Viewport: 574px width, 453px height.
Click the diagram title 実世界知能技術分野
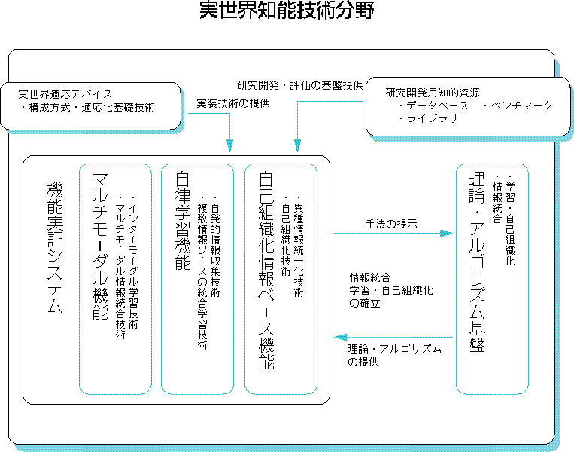pos(287,10)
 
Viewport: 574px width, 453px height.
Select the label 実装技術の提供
pos(233,104)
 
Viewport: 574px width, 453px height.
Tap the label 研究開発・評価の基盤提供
pos(300,85)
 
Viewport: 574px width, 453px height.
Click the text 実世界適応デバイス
pos(65,94)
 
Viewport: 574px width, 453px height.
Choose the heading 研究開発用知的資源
pos(433,93)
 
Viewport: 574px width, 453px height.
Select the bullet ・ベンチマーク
pos(517,106)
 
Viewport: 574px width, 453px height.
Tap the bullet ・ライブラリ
pos(427,118)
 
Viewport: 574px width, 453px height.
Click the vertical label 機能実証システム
pos(55,247)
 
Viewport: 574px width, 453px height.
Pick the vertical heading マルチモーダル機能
pos(100,246)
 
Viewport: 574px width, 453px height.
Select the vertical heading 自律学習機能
pos(183,221)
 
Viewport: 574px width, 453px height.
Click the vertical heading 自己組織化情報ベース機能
pos(266,271)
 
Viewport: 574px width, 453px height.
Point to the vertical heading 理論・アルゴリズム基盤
pos(478,262)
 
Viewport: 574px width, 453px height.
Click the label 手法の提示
pos(391,224)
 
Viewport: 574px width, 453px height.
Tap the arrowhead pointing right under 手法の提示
pos(447,234)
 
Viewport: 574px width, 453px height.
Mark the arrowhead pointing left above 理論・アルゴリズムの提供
pos(341,337)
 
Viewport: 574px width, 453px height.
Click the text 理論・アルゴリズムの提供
pos(395,355)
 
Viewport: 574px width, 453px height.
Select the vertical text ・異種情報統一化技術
pos(299,246)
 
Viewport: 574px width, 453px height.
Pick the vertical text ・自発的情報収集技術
pos(215,246)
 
